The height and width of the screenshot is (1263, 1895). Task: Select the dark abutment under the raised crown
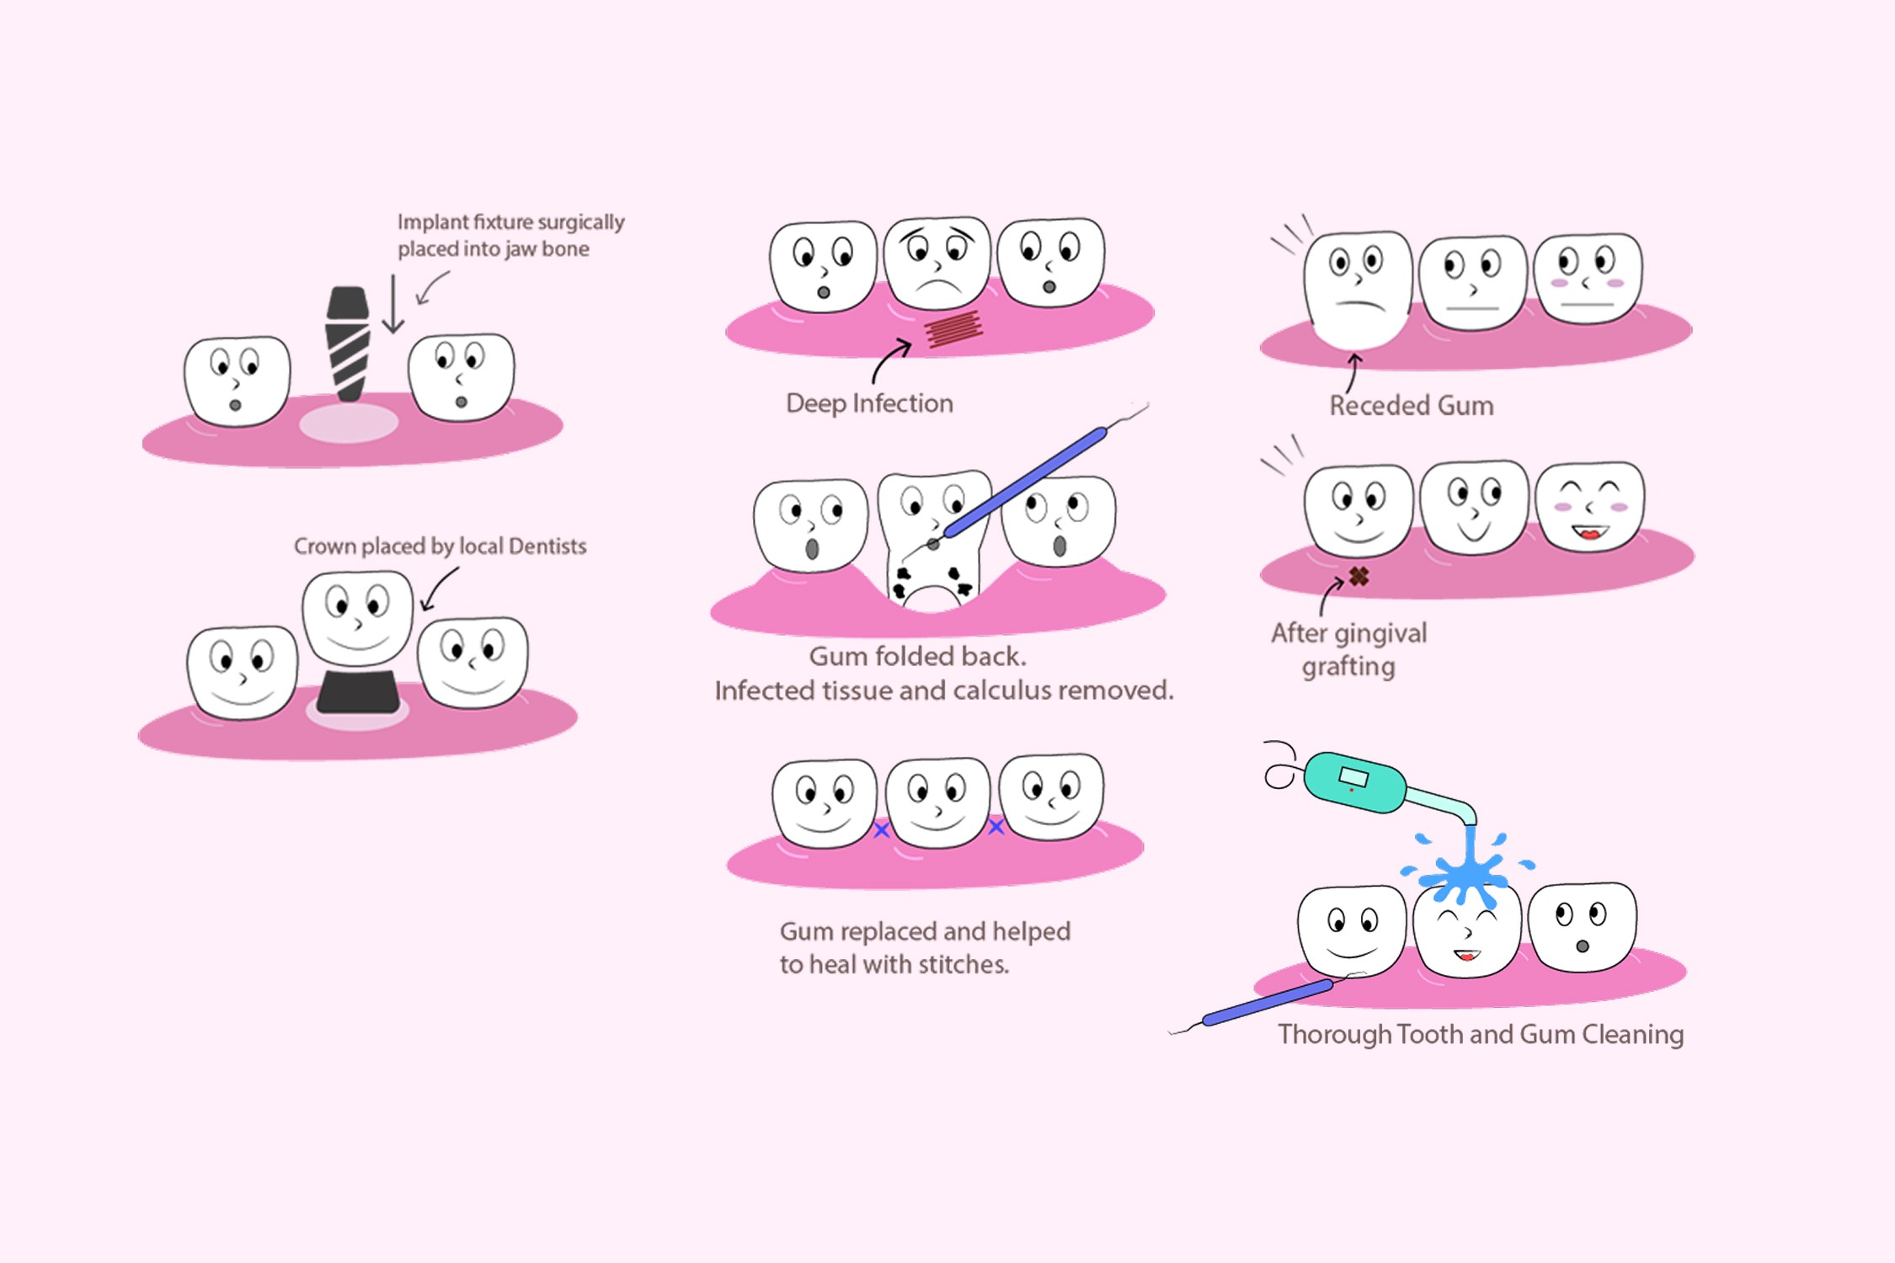tap(358, 692)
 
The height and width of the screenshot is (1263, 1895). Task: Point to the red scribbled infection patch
tap(953, 328)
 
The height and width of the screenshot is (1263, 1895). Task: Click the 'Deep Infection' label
tap(869, 403)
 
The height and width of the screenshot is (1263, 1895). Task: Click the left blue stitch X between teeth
tap(881, 830)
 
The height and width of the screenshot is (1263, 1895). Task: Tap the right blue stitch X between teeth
tap(996, 827)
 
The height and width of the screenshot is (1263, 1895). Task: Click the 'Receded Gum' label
tap(1412, 406)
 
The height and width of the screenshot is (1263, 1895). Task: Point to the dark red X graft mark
tap(1359, 576)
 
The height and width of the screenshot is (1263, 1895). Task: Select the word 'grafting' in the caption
tap(1348, 667)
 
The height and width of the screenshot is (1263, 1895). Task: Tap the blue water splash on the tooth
tap(1470, 872)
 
